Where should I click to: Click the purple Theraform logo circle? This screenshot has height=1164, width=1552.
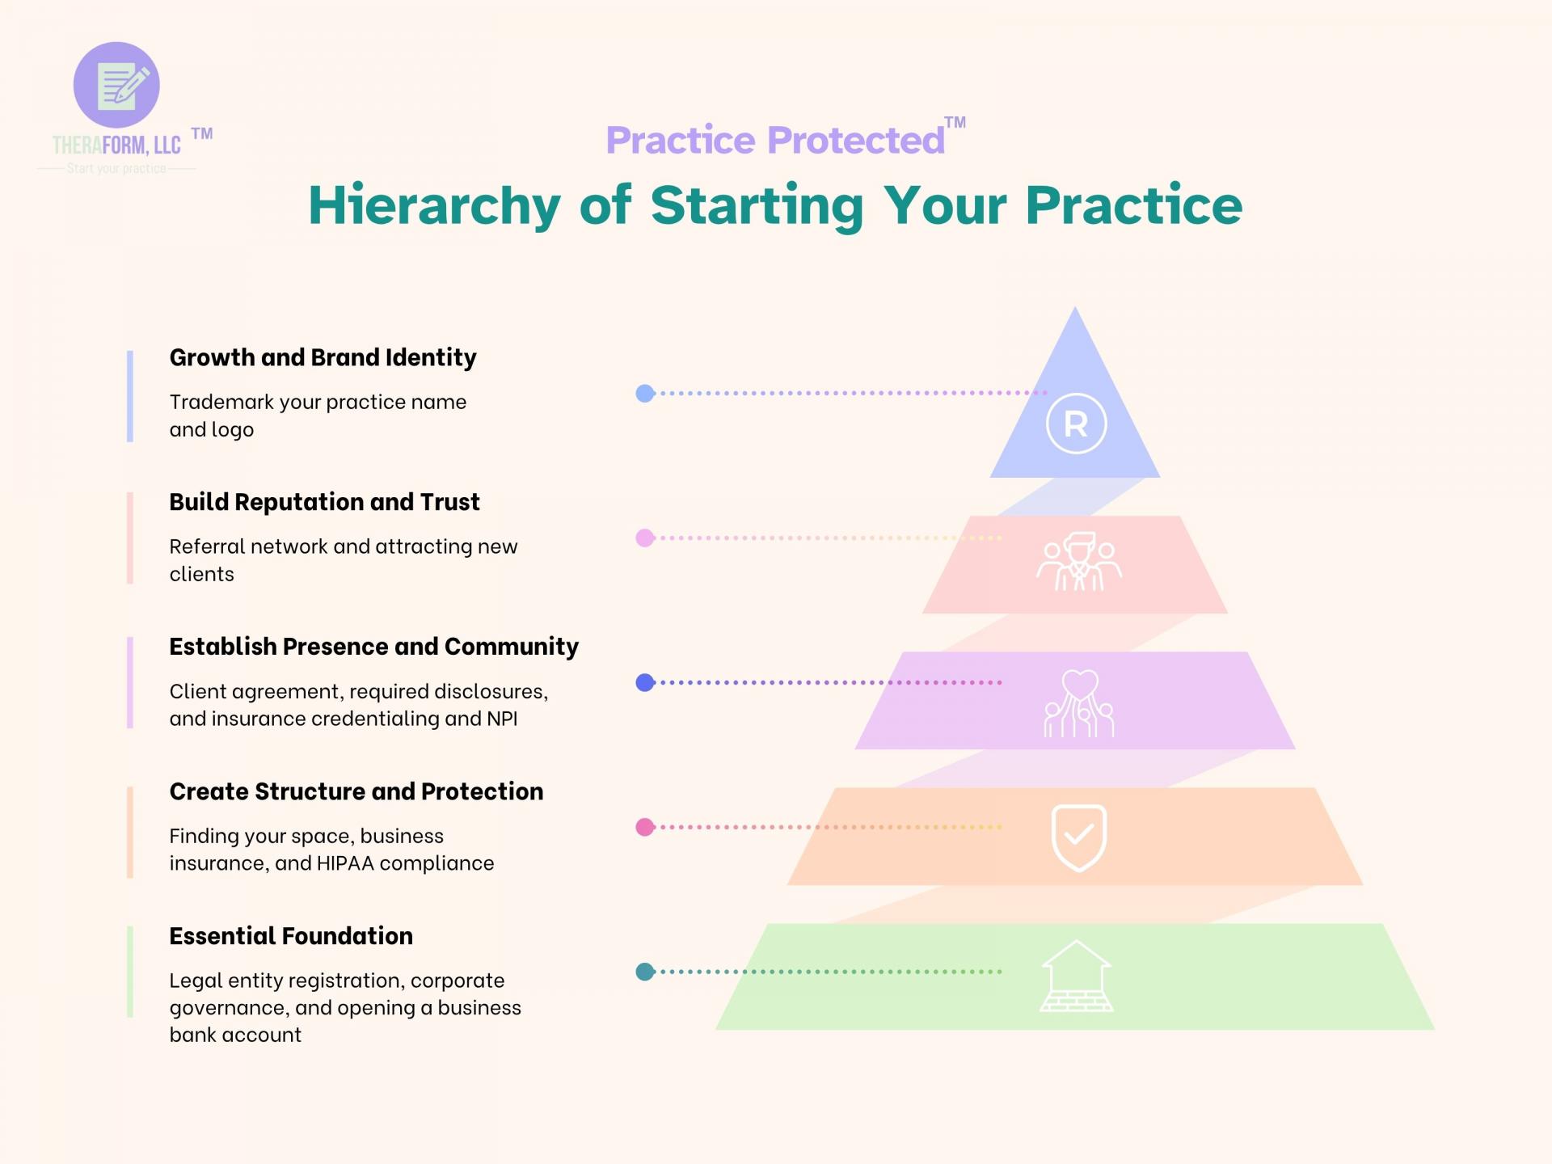[x=116, y=85]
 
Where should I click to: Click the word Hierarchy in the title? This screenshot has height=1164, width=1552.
[x=434, y=205]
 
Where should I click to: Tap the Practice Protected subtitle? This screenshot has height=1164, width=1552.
[x=774, y=140]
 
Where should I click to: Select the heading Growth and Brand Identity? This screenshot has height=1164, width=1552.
[x=323, y=357]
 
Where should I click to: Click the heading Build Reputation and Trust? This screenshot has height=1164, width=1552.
[x=324, y=502]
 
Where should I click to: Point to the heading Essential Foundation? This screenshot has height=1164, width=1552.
[x=291, y=936]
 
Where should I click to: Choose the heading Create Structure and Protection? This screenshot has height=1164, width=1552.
[x=356, y=791]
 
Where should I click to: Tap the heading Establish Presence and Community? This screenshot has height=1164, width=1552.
[x=373, y=647]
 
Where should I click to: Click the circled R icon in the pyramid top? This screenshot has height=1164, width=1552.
[x=1076, y=424]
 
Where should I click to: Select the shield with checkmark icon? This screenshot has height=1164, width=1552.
[x=1078, y=837]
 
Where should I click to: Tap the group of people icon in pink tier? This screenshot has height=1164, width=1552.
[x=1079, y=562]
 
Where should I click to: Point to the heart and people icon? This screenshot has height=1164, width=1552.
[x=1079, y=704]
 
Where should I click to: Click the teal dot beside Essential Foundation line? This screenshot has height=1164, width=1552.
[x=645, y=972]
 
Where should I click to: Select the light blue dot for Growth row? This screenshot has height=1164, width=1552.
[x=645, y=394]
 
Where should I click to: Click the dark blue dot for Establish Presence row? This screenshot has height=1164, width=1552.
[x=645, y=683]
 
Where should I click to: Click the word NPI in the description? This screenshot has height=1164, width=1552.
[x=501, y=719]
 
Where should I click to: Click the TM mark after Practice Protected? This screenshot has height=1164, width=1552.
[x=955, y=123]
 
